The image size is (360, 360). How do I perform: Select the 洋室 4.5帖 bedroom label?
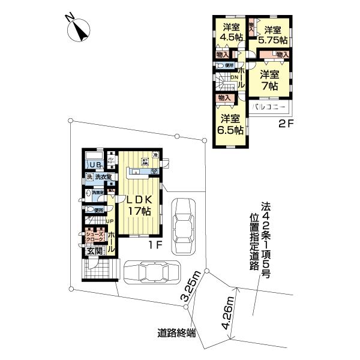[231, 32]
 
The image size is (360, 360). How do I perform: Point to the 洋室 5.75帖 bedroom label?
[272, 35]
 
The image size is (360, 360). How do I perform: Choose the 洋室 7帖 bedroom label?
[269, 80]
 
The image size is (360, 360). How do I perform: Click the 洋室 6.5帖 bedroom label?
[230, 124]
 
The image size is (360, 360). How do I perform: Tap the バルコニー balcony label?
[269, 109]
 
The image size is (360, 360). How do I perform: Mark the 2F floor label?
[286, 125]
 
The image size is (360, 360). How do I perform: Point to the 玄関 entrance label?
[95, 251]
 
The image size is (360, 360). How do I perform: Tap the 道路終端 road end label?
[176, 333]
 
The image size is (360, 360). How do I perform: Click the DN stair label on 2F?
[233, 77]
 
